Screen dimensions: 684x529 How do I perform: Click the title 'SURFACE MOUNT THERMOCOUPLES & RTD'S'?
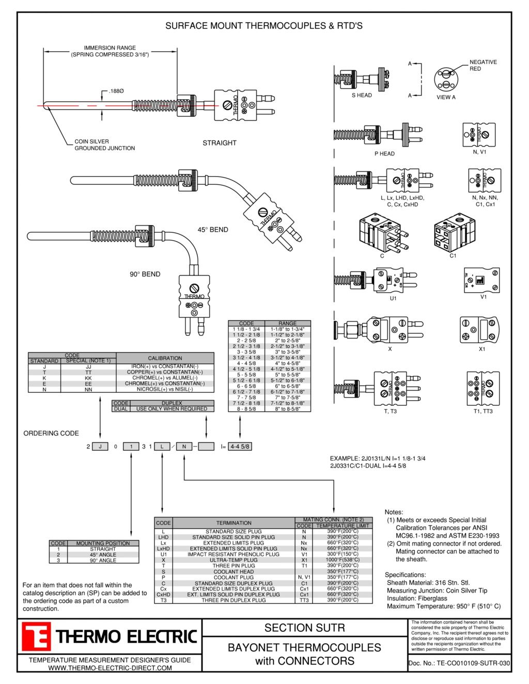tap(264, 26)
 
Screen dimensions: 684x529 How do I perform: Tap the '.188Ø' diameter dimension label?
tap(116, 91)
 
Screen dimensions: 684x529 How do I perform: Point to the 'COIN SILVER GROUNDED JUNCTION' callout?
tap(104, 145)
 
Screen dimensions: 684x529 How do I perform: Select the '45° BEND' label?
tap(212, 230)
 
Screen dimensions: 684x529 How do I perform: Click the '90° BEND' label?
tap(145, 274)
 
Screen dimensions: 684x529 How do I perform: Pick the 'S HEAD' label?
tap(362, 96)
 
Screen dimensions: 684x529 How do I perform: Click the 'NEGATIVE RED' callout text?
tap(483, 65)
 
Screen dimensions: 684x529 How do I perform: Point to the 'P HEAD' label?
tap(384, 154)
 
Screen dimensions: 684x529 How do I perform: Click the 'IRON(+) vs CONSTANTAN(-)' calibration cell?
tap(165, 367)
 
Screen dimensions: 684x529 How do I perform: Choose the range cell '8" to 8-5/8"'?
tap(287, 409)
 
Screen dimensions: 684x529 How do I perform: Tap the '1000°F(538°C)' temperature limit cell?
tap(343, 560)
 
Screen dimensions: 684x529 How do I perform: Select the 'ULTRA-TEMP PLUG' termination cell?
tap(234, 560)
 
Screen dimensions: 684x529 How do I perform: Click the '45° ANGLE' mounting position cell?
tap(103, 555)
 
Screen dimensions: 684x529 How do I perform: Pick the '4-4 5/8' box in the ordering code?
tap(240, 447)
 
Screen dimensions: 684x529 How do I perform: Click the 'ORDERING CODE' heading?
tap(51, 434)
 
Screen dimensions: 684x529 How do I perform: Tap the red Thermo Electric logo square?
tap(36, 637)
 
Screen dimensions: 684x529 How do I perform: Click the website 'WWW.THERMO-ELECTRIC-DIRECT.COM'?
tap(110, 668)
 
